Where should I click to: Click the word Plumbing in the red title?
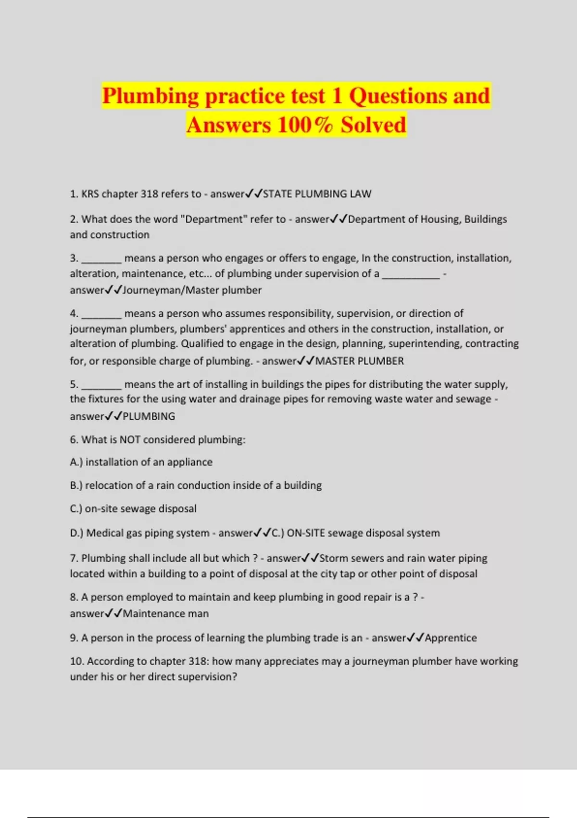(150, 96)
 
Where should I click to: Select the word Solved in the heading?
(374, 125)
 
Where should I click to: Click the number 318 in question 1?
(149, 194)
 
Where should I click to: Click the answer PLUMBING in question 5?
(149, 416)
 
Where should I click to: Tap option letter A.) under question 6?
(76, 462)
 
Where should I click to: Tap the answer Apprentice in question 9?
(451, 638)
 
